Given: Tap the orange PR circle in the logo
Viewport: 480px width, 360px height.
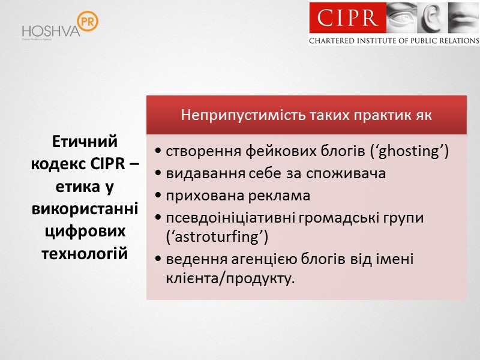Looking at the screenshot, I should pos(88,21).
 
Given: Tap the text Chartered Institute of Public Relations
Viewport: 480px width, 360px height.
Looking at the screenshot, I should pos(394,41).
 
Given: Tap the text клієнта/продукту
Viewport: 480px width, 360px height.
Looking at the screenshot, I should pos(230,278).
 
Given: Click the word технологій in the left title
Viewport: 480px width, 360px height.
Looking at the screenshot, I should pos(85,252).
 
